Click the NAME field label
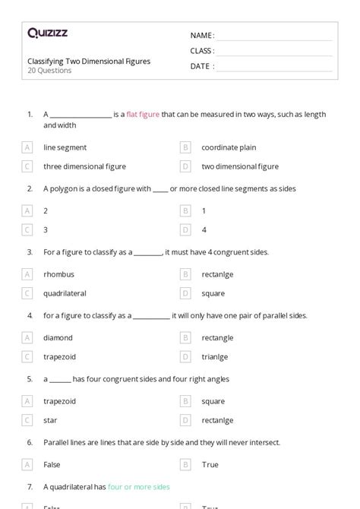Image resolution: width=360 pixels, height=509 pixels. (x=202, y=35)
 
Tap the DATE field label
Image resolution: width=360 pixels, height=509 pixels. (x=202, y=66)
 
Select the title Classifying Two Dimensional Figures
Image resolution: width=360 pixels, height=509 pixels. (x=89, y=61)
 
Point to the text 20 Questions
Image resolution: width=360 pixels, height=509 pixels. (x=49, y=71)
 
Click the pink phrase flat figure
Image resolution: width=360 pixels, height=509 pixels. (x=143, y=114)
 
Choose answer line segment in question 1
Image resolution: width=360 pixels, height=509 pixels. (x=65, y=147)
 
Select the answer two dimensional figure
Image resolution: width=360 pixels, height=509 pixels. (x=239, y=166)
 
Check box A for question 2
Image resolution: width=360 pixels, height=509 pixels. (x=27, y=210)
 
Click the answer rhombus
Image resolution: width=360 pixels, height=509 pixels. (x=59, y=273)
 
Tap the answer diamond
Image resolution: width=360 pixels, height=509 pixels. (x=58, y=337)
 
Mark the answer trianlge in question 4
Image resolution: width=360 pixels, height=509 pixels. (x=215, y=356)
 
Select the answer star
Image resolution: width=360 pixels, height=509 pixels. (x=51, y=419)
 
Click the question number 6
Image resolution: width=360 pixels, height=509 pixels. (x=30, y=441)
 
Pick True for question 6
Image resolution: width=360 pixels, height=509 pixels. (x=210, y=464)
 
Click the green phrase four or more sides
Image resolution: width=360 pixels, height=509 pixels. (x=139, y=486)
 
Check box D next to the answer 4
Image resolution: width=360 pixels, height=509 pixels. (x=185, y=229)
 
